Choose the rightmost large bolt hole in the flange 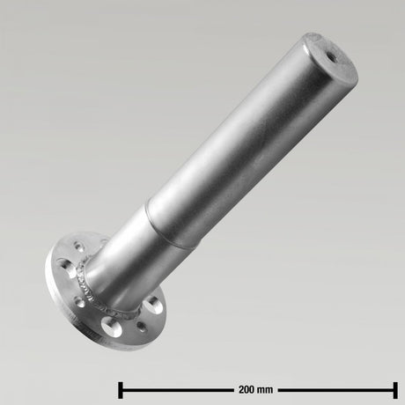153,307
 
